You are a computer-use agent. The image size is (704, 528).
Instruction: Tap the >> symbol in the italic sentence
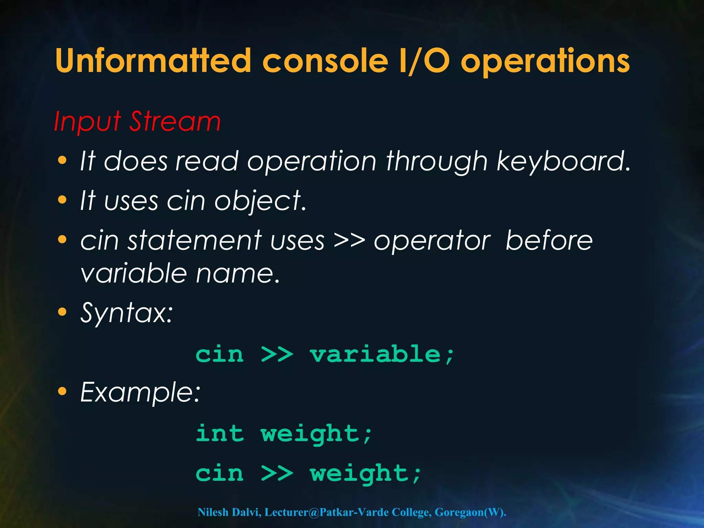pyautogui.click(x=349, y=241)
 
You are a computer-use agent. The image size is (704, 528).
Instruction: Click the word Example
pyautogui.click(x=140, y=393)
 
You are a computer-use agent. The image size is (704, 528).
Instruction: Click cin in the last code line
pyautogui.click(x=220, y=473)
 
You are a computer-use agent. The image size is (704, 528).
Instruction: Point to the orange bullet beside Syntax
pyautogui.click(x=62, y=312)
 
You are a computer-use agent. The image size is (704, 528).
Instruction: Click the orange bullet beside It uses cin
pyautogui.click(x=62, y=200)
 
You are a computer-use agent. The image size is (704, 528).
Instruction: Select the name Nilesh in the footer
pyautogui.click(x=213, y=512)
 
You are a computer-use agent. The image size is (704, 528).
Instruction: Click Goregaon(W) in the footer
pyautogui.click(x=470, y=512)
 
